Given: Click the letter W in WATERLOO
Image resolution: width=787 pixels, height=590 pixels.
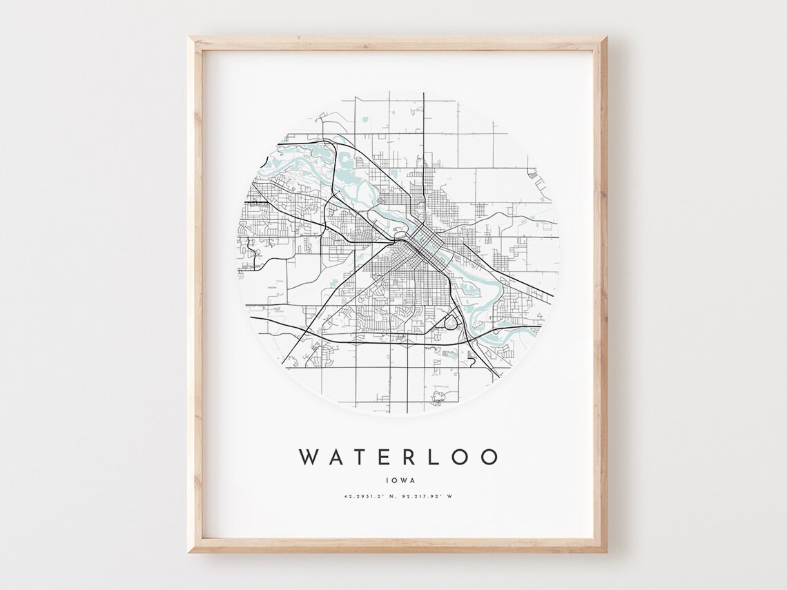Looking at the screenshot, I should [x=309, y=457].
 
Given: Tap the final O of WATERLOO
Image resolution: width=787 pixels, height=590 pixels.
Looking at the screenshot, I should [x=489, y=457].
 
